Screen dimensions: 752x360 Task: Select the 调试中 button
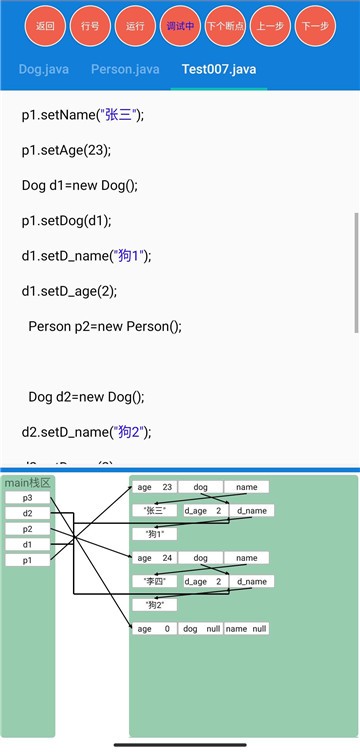point(182,27)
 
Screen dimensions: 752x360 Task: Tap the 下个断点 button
point(227,27)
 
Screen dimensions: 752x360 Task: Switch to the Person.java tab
point(125,70)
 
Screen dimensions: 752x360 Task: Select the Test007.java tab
point(219,70)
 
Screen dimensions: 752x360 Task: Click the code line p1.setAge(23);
point(66,151)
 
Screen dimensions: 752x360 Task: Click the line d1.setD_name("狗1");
point(85,256)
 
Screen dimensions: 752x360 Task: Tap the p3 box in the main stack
point(27,498)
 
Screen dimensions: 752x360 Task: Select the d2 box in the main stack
point(27,513)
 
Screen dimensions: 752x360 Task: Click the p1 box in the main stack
point(27,560)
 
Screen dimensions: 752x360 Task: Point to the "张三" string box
point(154,510)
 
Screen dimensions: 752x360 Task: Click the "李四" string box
point(154,581)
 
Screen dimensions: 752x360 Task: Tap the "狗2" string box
point(154,604)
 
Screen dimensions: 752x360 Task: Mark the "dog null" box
point(200,628)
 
